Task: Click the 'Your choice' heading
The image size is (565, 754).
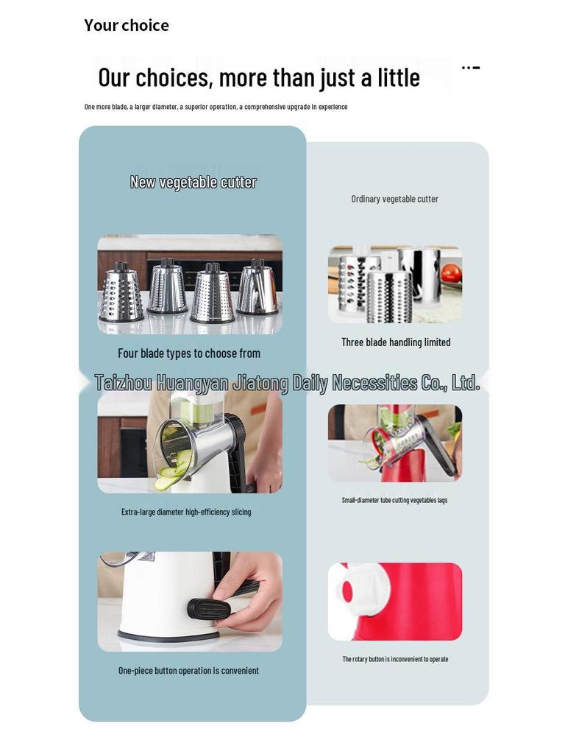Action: click(x=127, y=26)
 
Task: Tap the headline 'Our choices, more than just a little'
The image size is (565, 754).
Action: click(x=259, y=77)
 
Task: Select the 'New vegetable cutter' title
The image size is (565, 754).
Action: click(x=193, y=182)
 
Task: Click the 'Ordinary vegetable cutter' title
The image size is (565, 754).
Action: click(x=394, y=199)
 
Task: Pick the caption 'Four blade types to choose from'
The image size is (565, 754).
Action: click(x=189, y=353)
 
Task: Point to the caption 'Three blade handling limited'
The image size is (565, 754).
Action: click(x=396, y=342)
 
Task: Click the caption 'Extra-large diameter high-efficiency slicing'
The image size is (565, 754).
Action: click(x=186, y=512)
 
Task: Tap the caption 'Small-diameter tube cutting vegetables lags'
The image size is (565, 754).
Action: click(x=394, y=500)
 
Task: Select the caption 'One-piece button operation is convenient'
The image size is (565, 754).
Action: click(x=188, y=671)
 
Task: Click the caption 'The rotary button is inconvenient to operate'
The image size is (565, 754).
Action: click(x=395, y=659)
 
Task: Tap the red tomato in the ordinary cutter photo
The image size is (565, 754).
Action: click(x=451, y=273)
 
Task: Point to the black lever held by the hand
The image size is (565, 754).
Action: click(x=213, y=607)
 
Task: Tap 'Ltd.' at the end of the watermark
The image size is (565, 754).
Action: click(x=465, y=383)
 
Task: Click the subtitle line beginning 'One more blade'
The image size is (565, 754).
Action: click(x=216, y=107)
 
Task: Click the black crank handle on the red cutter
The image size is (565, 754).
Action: click(x=438, y=444)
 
